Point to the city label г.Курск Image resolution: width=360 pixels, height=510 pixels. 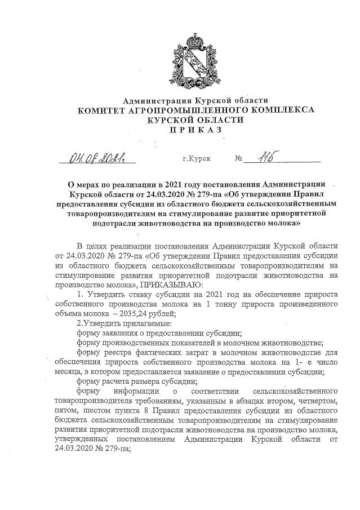pos(197,159)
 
